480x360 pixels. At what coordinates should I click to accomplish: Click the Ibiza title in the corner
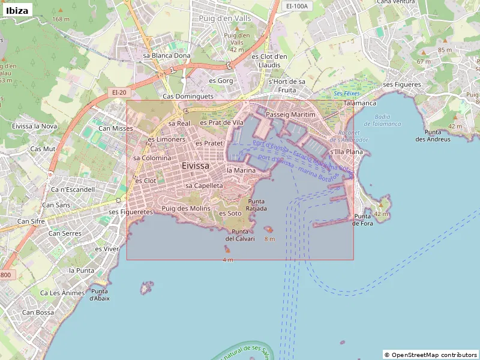(17, 10)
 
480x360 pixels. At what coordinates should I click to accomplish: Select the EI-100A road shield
(297, 6)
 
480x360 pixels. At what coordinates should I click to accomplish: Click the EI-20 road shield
(119, 92)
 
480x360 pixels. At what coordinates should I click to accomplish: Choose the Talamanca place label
(360, 103)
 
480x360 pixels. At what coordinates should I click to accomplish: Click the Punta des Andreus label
(433, 136)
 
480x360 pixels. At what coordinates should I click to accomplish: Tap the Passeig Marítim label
(290, 114)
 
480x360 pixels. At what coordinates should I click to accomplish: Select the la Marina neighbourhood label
(241, 170)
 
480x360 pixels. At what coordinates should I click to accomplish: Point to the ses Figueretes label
(131, 212)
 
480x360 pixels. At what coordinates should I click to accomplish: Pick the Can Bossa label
(38, 312)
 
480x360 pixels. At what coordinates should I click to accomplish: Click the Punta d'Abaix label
(100, 295)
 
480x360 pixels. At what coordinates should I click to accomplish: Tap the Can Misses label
(116, 128)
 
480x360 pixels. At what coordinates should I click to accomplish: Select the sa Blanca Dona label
(167, 55)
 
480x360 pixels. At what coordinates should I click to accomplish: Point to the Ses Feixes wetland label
(346, 94)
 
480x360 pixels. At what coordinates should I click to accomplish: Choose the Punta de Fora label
(363, 220)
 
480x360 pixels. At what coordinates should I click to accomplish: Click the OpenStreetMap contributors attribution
(430, 355)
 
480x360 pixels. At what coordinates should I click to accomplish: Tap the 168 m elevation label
(61, 19)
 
